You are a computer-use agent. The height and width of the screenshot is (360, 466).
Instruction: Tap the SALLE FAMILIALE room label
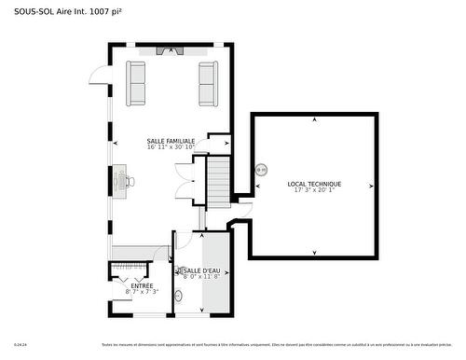171,141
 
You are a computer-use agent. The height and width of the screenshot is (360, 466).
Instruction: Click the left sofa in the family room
137,84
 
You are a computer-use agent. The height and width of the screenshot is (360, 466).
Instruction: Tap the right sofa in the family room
207,84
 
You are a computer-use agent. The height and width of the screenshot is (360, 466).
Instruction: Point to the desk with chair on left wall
123,178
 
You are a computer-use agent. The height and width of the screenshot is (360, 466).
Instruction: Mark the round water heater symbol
261,170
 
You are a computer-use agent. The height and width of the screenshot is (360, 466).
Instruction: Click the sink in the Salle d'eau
180,297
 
